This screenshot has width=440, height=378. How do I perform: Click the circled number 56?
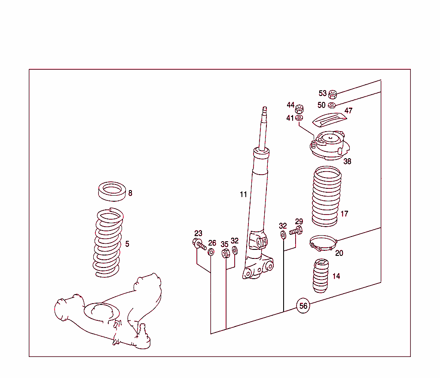303,306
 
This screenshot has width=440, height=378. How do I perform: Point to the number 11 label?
243,194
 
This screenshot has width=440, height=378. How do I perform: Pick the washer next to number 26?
211,252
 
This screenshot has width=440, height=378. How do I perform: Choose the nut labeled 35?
226,253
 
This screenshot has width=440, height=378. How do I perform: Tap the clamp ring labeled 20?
322,243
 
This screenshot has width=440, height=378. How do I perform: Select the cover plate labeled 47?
329,119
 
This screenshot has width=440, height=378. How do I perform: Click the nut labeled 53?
333,94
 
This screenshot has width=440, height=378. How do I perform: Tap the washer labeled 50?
332,105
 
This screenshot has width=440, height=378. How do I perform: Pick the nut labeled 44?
300,107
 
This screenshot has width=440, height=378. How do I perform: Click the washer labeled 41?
300,117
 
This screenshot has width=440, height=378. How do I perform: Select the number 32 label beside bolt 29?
282,226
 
